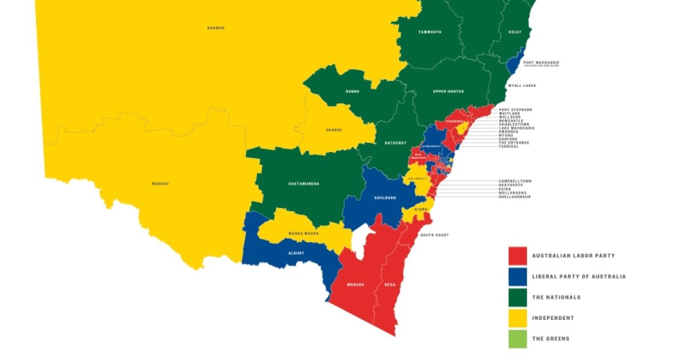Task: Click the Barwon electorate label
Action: [x=216, y=27]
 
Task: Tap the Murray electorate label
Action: [x=161, y=183]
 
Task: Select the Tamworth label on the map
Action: [x=429, y=32]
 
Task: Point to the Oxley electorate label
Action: [x=515, y=32]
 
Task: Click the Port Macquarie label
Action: [x=541, y=62]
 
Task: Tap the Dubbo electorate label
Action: [x=353, y=91]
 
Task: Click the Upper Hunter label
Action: [x=448, y=91]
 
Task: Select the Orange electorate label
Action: [x=334, y=130]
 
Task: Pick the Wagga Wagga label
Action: [x=303, y=234]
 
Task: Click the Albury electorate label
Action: [x=297, y=253]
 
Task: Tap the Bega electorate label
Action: [x=389, y=284]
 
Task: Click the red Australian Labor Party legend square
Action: [x=517, y=255]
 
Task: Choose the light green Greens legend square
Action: [x=517, y=338]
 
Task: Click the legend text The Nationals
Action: [x=556, y=297]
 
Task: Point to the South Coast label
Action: [x=434, y=235]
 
